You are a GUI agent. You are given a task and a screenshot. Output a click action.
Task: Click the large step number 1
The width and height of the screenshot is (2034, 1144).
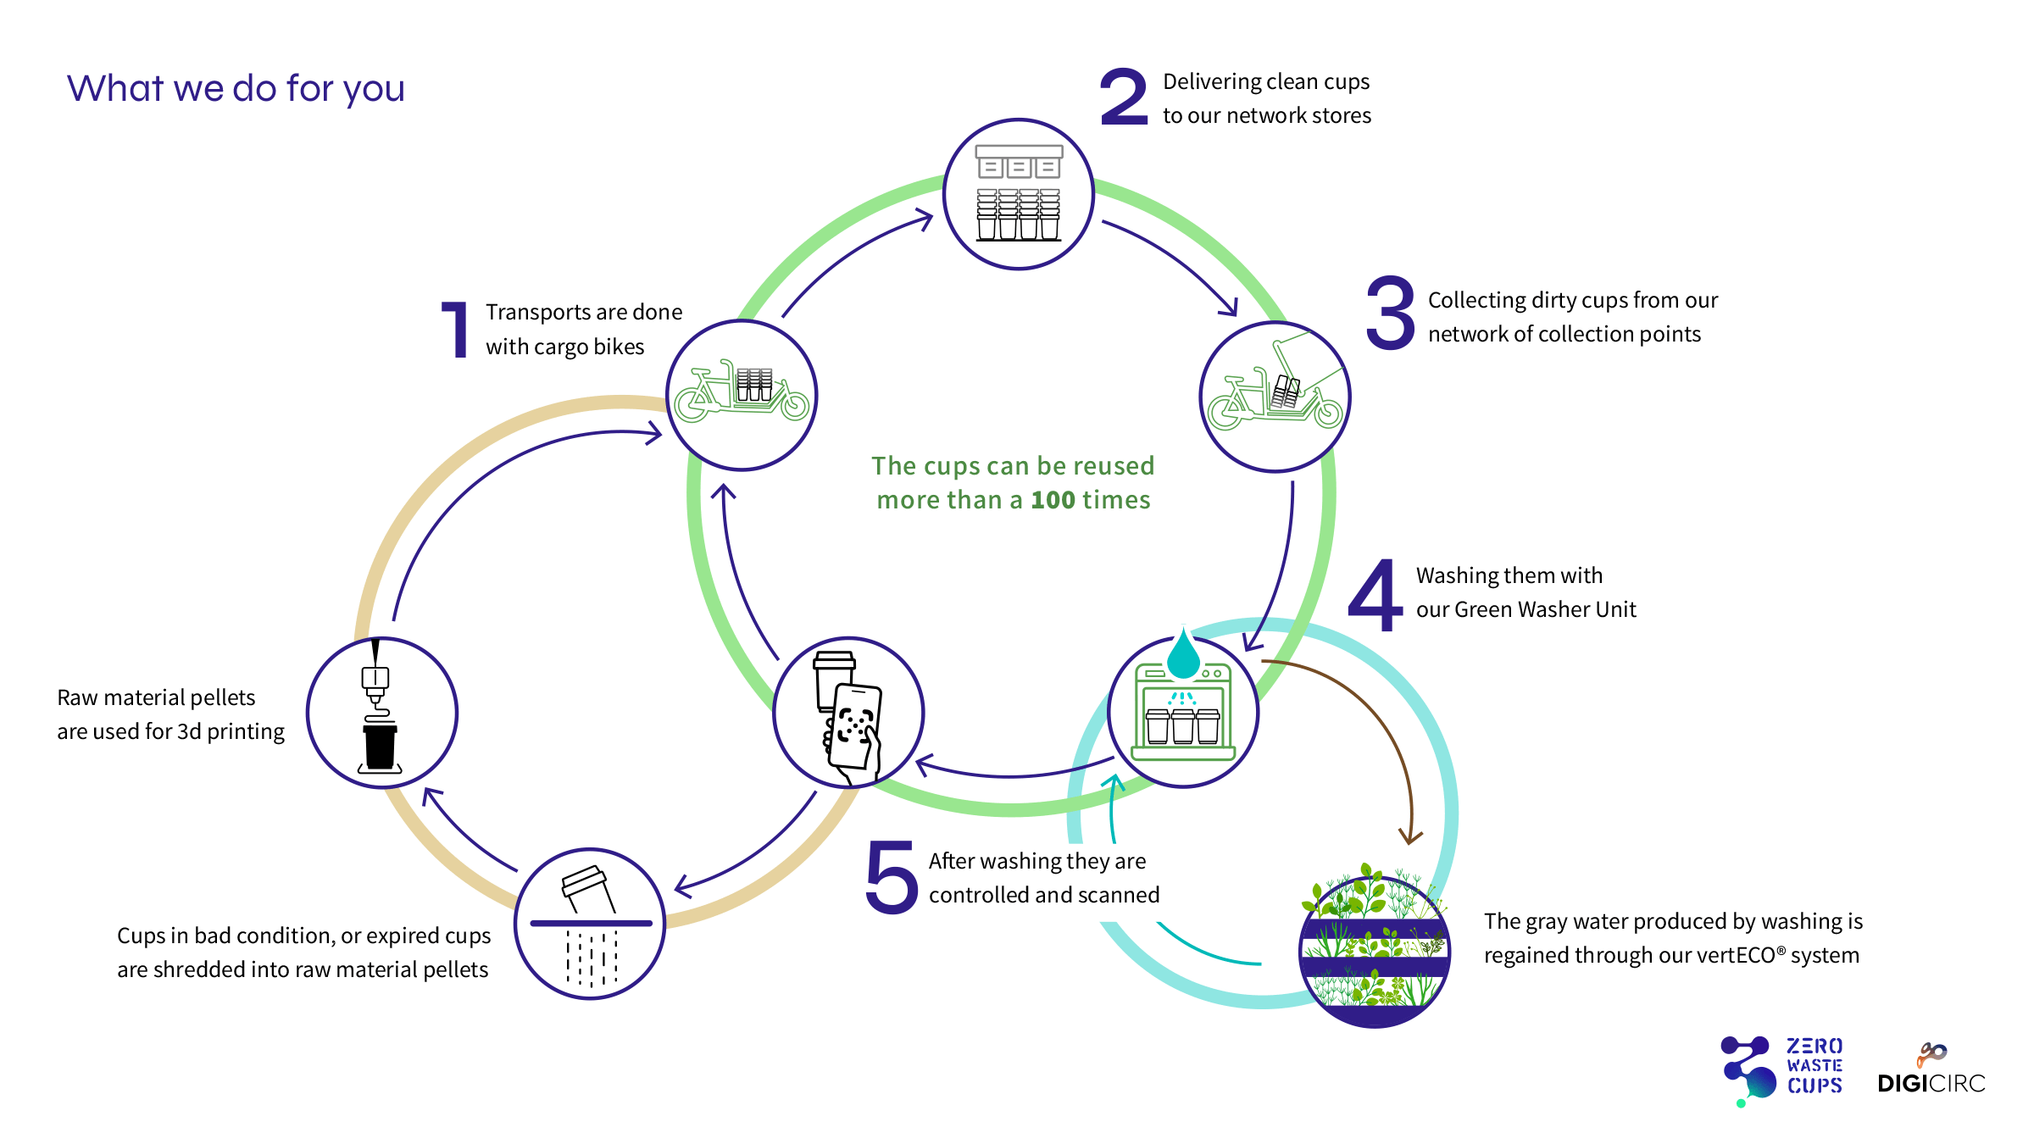click(456, 330)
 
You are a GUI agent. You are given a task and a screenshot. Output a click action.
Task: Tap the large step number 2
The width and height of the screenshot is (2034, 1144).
click(1124, 97)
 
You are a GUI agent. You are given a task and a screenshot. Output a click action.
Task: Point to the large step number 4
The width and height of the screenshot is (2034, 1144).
click(1375, 595)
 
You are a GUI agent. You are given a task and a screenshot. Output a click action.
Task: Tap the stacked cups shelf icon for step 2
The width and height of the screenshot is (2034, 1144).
click(1019, 193)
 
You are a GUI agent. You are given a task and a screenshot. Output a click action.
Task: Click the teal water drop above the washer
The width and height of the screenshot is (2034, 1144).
click(1184, 653)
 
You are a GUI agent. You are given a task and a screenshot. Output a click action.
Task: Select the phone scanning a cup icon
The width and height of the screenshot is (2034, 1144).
click(849, 714)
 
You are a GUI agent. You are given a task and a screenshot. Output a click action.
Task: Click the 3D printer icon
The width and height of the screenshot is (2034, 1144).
click(379, 708)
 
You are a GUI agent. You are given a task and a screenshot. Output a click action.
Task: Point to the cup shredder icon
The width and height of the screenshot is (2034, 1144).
click(591, 925)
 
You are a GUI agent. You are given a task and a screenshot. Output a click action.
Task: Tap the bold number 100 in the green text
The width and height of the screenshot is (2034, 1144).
click(1053, 500)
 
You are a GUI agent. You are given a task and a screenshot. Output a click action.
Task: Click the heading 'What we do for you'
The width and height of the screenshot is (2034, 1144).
click(236, 89)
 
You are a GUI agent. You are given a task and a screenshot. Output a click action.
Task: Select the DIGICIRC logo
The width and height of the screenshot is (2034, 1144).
click(1931, 1069)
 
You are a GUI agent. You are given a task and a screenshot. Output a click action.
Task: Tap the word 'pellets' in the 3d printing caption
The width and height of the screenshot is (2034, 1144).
click(221, 698)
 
